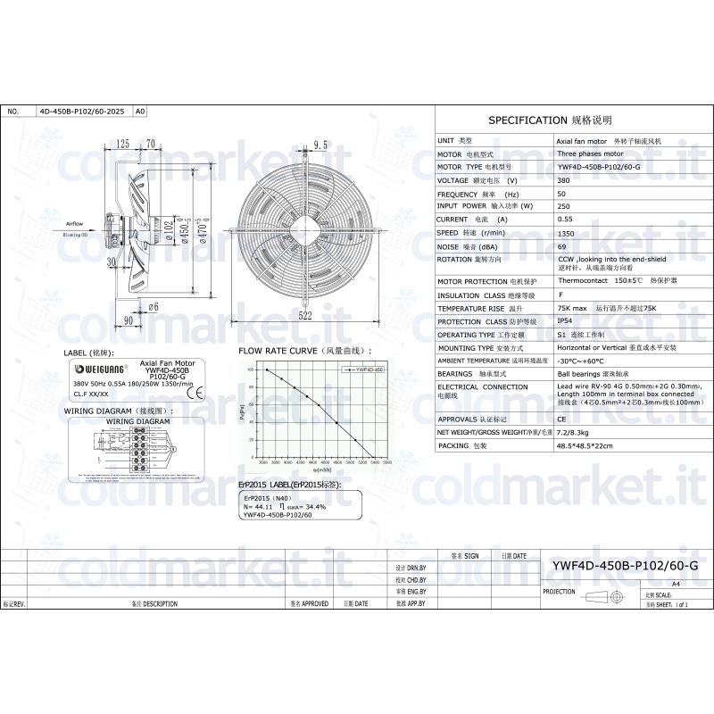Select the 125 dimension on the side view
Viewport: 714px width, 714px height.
click(123, 143)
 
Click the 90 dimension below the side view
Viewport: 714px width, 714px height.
click(128, 319)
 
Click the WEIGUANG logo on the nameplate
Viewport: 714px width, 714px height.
click(101, 368)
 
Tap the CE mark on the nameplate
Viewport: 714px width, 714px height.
click(200, 390)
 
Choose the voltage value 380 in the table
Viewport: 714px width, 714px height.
click(563, 179)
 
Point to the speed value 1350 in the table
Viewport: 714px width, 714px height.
click(566, 231)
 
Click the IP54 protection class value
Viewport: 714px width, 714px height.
click(565, 320)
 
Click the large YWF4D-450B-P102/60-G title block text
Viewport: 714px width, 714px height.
click(625, 565)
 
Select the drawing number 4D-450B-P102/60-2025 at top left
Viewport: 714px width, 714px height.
click(82, 112)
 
